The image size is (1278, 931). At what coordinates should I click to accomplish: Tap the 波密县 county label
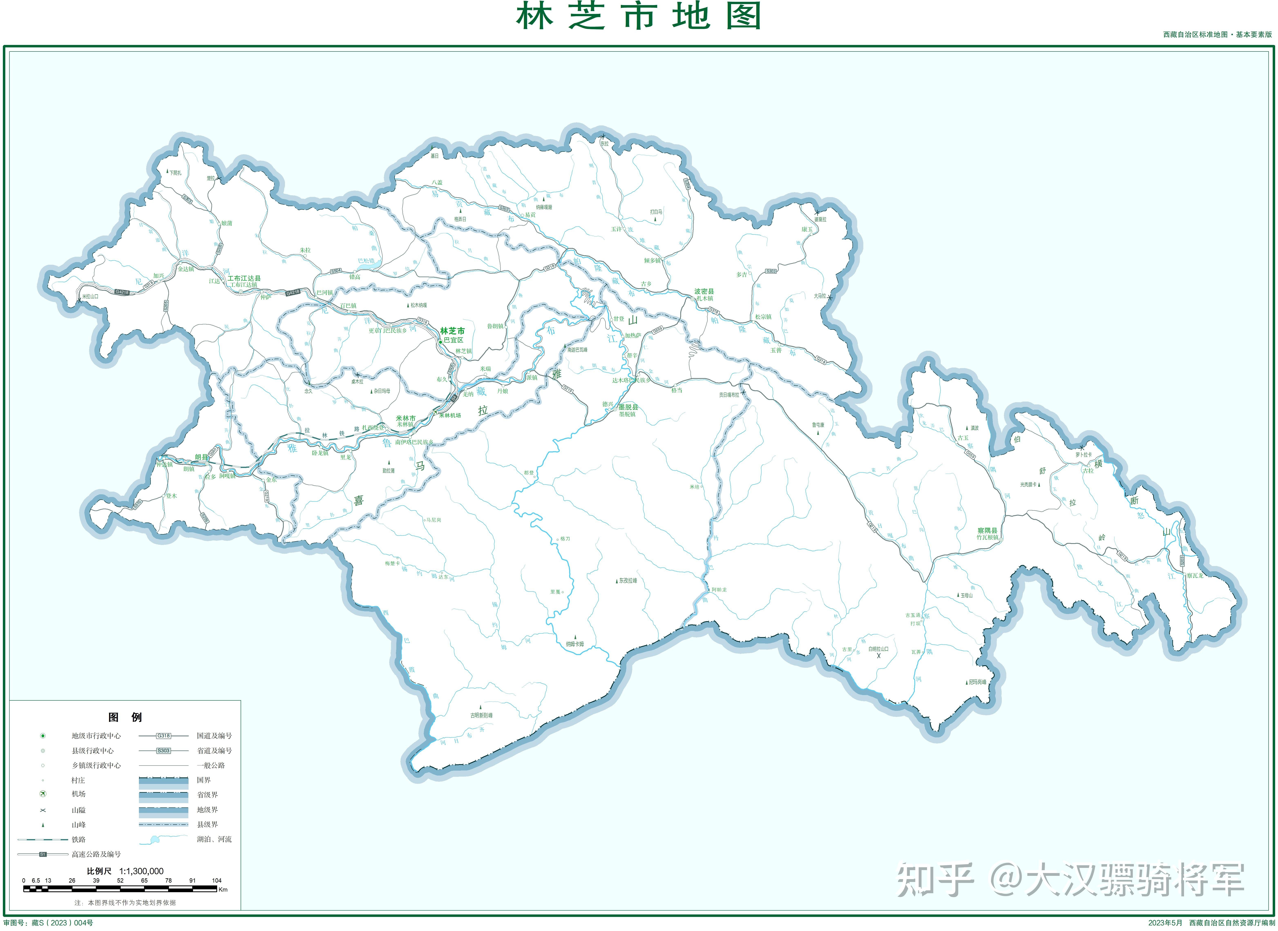tap(704, 291)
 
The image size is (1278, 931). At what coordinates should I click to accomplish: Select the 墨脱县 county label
tap(628, 407)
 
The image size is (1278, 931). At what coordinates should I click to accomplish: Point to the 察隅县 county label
tap(987, 530)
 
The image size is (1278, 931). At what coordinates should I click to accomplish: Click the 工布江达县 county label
tap(244, 278)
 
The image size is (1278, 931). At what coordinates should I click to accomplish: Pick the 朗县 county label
tap(201, 457)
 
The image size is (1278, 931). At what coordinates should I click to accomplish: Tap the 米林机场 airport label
tap(450, 415)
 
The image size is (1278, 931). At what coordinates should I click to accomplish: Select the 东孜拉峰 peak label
tap(628, 580)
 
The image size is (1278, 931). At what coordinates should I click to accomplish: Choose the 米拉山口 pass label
tap(90, 296)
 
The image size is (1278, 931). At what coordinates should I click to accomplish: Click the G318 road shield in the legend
tap(163, 736)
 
